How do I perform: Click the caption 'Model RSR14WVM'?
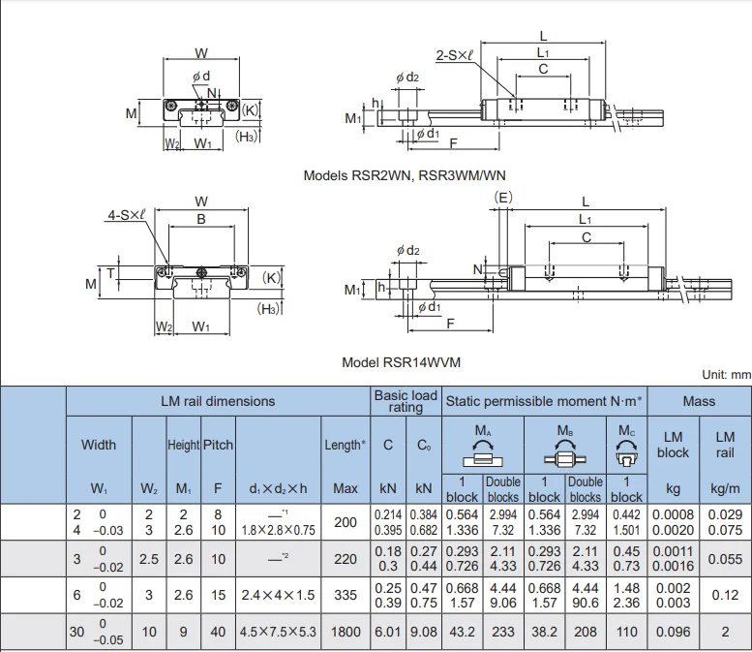tap(401, 362)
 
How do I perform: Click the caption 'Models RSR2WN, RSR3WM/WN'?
tap(404, 175)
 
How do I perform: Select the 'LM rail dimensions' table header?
tap(218, 401)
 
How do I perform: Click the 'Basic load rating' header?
tap(406, 401)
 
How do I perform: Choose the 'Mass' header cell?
tap(699, 401)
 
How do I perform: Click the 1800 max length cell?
tap(346, 632)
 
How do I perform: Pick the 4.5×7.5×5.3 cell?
tap(279, 632)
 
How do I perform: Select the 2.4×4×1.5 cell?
tap(279, 596)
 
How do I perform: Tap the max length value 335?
tap(346, 596)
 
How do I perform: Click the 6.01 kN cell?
tap(388, 632)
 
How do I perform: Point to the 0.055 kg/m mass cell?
tap(725, 559)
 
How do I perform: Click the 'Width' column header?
tap(99, 445)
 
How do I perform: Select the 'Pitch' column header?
tap(218, 445)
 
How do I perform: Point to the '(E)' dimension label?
tap(503, 198)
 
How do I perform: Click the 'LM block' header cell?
tap(673, 445)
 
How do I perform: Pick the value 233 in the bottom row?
tap(503, 632)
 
